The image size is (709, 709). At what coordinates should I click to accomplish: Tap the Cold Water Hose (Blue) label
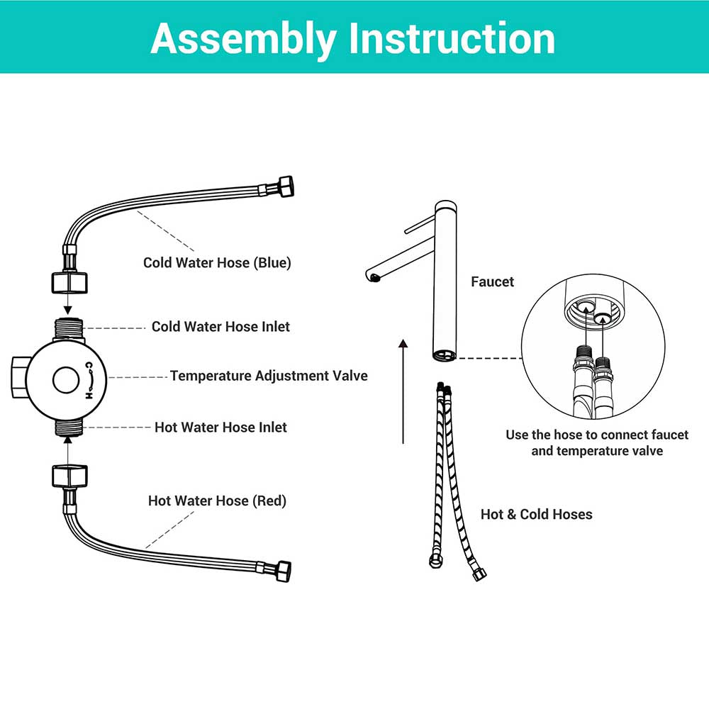[x=217, y=262]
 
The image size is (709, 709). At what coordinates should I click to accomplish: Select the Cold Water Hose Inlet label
[x=220, y=327]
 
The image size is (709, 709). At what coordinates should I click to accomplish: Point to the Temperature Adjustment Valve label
[x=269, y=376]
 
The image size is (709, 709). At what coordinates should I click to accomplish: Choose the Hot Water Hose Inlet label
[x=220, y=428]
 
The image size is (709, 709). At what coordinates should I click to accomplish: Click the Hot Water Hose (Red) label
[x=217, y=501]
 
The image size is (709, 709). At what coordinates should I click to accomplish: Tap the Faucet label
[x=492, y=281]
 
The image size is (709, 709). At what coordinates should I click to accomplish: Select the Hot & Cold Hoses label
[x=536, y=514]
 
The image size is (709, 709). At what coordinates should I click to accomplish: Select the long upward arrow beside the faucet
[x=403, y=390]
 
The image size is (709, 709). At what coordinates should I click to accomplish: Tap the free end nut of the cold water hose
[x=282, y=187]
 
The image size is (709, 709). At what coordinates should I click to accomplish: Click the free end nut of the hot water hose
[x=281, y=571]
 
